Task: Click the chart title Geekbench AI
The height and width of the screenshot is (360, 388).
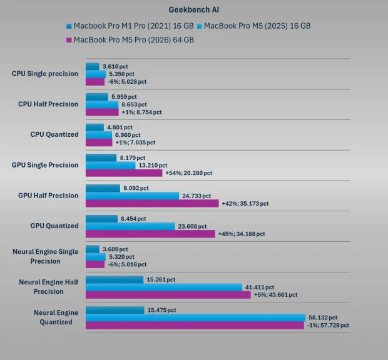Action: pyautogui.click(x=193, y=9)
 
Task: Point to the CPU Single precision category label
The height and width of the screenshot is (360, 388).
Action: pyautogui.click(x=45, y=74)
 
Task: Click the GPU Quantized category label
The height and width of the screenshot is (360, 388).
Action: pyautogui.click(x=54, y=226)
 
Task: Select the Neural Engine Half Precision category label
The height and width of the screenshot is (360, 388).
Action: pyautogui.click(x=49, y=287)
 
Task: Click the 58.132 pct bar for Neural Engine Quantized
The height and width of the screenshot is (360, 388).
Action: pyautogui.click(x=195, y=317)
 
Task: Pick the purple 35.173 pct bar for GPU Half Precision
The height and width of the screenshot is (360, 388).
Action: pyautogui.click(x=152, y=203)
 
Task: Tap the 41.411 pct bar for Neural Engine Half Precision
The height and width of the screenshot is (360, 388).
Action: pyautogui.click(x=164, y=287)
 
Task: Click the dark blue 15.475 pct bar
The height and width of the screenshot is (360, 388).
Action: pyautogui.click(x=115, y=310)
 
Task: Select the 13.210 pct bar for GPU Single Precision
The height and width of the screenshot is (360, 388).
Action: pyautogui.click(x=110, y=166)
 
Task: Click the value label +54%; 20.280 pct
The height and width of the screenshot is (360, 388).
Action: pyautogui.click(x=188, y=173)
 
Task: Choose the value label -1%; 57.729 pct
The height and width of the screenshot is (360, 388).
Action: pyautogui.click(x=327, y=325)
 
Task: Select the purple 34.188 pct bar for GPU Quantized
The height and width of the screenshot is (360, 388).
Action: pyautogui.click(x=150, y=234)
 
